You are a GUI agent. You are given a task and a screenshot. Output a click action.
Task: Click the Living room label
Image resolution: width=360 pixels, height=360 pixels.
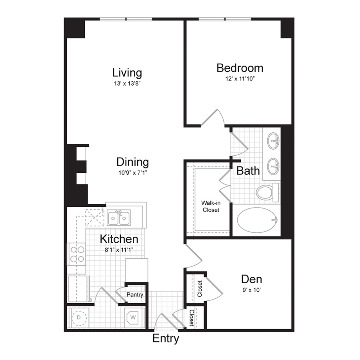point(127,73)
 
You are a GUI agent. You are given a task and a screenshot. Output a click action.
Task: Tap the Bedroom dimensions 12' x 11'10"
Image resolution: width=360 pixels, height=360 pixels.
point(240,79)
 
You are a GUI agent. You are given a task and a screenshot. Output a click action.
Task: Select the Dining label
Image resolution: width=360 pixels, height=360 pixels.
point(133,162)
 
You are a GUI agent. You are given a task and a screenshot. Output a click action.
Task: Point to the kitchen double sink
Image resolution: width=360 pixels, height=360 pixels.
point(119,218)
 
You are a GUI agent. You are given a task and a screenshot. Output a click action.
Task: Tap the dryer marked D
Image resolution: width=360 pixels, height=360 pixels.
point(79,318)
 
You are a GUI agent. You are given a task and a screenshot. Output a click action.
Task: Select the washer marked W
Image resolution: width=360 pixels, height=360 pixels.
point(133,318)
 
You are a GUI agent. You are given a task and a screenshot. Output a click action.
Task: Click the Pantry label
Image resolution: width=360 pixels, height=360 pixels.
point(135,294)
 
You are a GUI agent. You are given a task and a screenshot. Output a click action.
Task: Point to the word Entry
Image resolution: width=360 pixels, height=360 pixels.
point(166,339)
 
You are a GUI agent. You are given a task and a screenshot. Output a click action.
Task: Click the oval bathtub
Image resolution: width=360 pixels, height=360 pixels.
point(257,220)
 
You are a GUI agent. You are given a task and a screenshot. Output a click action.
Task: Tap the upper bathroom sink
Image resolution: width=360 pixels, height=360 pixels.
point(273,141)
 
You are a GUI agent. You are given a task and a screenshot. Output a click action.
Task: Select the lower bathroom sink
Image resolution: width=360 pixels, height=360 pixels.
point(273,166)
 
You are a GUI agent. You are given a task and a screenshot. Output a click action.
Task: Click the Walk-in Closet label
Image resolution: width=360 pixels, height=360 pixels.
point(211,206)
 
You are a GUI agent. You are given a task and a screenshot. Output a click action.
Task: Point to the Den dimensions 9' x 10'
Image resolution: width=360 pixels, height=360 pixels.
point(252,290)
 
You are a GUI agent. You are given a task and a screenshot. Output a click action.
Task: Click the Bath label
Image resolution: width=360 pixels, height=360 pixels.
point(248,171)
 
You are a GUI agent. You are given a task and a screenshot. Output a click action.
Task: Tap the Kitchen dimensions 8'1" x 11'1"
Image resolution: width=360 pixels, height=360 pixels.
point(119,250)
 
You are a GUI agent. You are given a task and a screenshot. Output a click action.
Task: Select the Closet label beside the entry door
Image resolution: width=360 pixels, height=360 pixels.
point(192,318)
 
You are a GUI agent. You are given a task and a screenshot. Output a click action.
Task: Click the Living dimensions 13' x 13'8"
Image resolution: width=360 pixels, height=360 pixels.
point(127,83)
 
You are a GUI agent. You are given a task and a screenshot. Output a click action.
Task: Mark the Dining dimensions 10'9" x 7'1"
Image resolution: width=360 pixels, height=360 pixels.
point(133,172)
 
